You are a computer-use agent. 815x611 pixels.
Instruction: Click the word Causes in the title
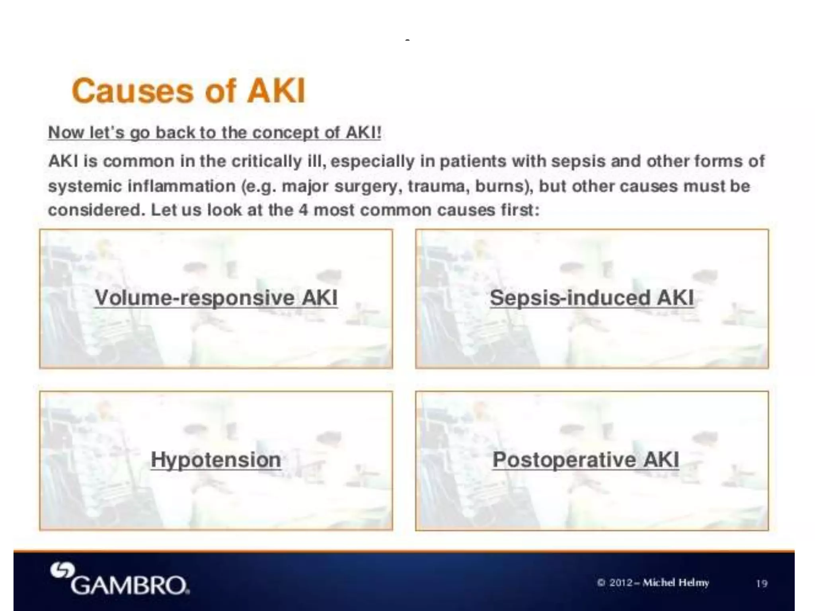(x=133, y=91)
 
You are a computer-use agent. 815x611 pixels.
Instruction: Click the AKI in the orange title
(x=276, y=91)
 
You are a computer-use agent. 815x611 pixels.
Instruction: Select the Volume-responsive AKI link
(x=216, y=298)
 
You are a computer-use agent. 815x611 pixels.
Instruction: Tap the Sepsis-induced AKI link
(x=592, y=298)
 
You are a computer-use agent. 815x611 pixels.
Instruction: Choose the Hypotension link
(x=216, y=460)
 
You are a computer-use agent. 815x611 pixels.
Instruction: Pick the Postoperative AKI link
(x=586, y=460)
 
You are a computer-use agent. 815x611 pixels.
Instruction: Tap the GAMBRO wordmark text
(x=130, y=585)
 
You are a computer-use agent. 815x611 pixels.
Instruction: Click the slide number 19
(x=762, y=584)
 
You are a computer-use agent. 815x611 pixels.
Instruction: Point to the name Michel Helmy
(x=676, y=583)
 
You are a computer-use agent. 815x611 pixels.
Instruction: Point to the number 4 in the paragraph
(x=303, y=210)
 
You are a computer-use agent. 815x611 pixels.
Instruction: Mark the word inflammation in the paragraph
(x=181, y=186)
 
